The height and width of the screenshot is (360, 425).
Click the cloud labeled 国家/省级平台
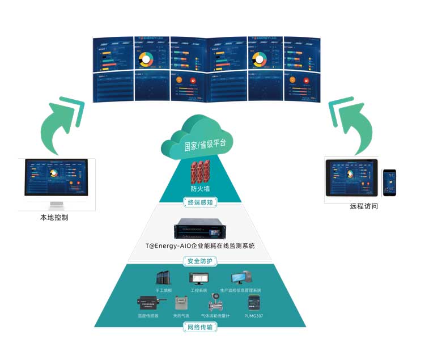205,139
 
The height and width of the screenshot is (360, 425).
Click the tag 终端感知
201,202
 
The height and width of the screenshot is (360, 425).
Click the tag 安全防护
201,261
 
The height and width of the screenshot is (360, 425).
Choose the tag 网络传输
201,327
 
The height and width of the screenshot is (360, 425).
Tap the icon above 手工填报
164,279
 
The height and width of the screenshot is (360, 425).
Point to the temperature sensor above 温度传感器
148,304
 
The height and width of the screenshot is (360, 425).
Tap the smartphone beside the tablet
389,183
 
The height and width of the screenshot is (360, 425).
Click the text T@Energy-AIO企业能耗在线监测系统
202,246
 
